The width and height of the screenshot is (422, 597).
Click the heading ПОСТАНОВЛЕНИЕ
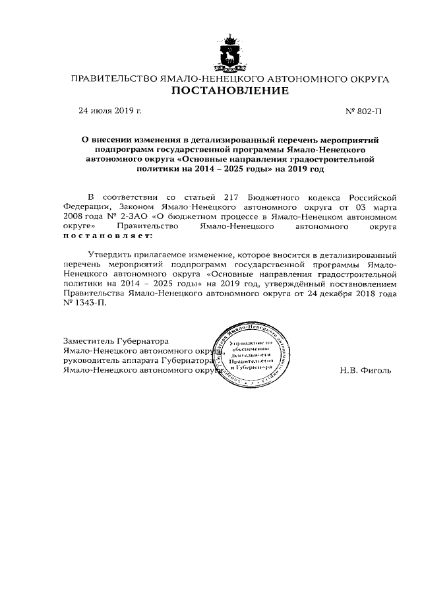tap(229, 91)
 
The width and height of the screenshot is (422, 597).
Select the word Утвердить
tap(109, 255)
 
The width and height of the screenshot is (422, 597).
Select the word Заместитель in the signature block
tap(88, 341)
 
